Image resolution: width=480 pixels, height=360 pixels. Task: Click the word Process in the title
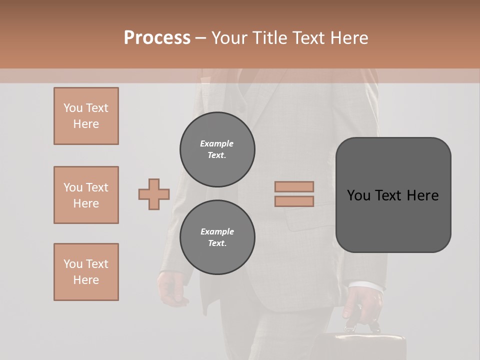157,38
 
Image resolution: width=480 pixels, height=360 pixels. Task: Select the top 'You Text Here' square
86,116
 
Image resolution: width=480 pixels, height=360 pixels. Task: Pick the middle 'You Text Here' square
86,195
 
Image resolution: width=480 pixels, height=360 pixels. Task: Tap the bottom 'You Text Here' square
86,272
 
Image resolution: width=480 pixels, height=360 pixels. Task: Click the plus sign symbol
154,194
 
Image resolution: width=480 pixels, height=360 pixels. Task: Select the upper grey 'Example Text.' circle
217,149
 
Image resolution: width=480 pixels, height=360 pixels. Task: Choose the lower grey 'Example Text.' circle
217,237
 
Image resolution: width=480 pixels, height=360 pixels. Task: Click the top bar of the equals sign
294,186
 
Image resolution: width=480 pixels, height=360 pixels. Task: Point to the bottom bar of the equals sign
294,201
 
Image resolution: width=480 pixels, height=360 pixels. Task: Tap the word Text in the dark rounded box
389,195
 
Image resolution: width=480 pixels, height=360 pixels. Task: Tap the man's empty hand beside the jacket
171,288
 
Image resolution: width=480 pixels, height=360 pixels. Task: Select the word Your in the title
230,38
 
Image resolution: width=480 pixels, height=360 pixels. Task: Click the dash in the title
201,38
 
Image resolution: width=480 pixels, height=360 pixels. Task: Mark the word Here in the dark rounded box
422,195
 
